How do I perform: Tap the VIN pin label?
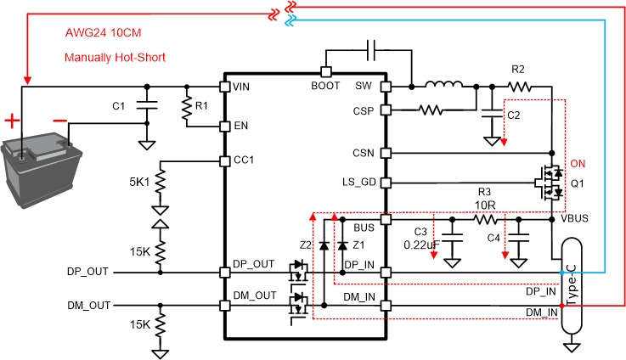[241, 87]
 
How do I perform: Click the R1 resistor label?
[201, 106]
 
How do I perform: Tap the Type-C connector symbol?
[572, 286]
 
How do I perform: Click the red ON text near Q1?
[578, 163]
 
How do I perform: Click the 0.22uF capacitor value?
[420, 245]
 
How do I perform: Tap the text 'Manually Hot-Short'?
[115, 58]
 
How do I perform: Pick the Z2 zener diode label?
[307, 245]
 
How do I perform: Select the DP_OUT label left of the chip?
[87, 273]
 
